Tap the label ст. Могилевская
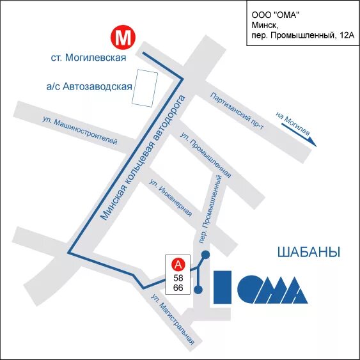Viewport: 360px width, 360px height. click(x=88, y=58)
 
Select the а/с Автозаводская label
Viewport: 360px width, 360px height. click(x=89, y=86)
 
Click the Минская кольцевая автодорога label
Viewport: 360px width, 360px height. click(x=144, y=158)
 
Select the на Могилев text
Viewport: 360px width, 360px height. click(x=293, y=125)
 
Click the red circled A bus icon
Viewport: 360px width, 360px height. click(x=178, y=263)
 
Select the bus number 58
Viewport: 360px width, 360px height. click(x=178, y=277)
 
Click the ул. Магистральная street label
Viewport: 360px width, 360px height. click(x=173, y=320)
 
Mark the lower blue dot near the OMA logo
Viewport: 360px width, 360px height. click(x=198, y=290)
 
